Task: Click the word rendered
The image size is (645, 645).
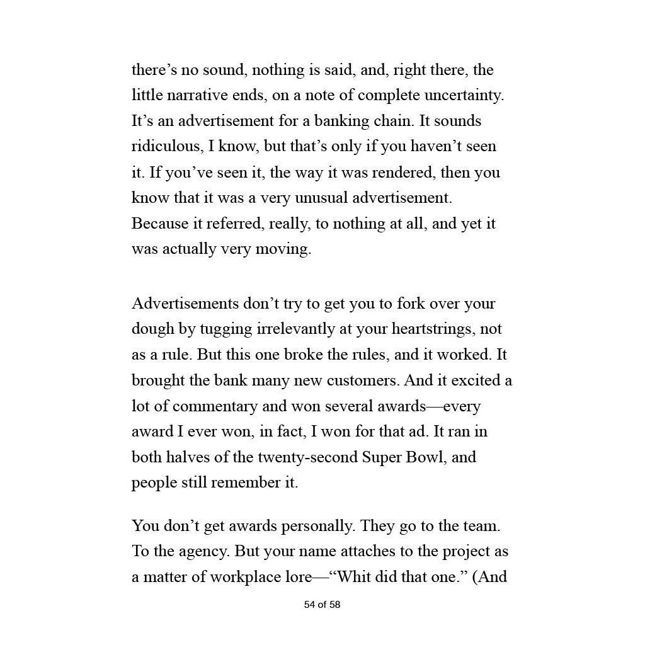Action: pyautogui.click(x=401, y=172)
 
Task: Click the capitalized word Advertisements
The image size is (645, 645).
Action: pyautogui.click(x=185, y=304)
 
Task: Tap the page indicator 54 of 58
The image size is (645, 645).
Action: pyautogui.click(x=322, y=605)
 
